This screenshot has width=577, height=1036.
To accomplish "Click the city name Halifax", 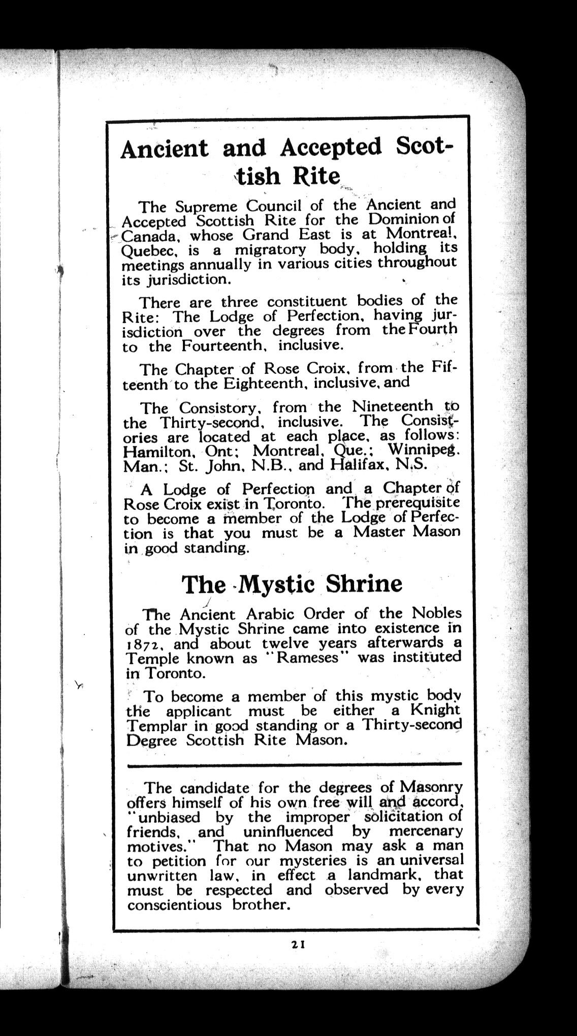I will pyautogui.click(x=361, y=465).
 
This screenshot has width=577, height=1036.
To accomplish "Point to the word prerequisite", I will pyautogui.click(x=417, y=503).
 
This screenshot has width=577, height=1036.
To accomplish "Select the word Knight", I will pyautogui.click(x=435, y=709).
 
